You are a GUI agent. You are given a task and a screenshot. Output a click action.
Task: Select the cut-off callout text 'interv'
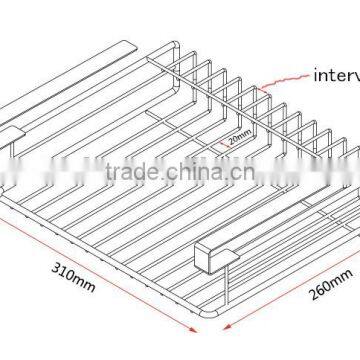click(x=336, y=73)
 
